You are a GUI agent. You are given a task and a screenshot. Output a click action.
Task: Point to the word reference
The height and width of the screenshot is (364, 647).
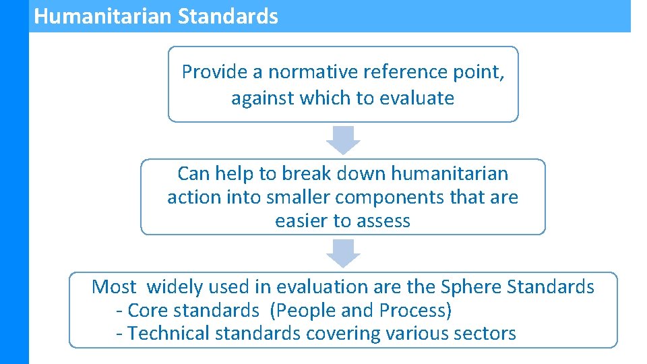pos(392,71)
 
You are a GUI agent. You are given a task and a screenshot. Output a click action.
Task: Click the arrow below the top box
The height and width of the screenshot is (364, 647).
pos(343,140)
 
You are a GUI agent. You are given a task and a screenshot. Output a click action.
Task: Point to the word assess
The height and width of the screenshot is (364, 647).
pos(386,221)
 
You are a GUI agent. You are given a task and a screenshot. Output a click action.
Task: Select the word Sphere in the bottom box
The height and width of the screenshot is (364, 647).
pos(471,287)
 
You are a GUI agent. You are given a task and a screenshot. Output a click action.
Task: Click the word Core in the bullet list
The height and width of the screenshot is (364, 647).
pos(142,311)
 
